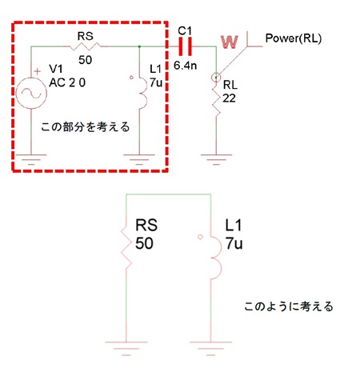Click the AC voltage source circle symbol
(31, 94)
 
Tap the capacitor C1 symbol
(185, 47)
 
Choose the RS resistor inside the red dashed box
(85, 48)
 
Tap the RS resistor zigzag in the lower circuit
(127, 247)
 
